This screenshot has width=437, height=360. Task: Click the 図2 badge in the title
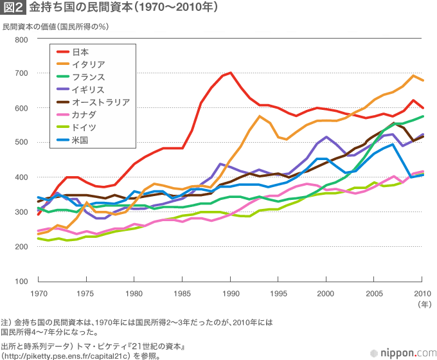click(x=14, y=9)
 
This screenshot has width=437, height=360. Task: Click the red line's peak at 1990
click(x=230, y=73)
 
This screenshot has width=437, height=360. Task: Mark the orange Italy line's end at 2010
click(x=422, y=80)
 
